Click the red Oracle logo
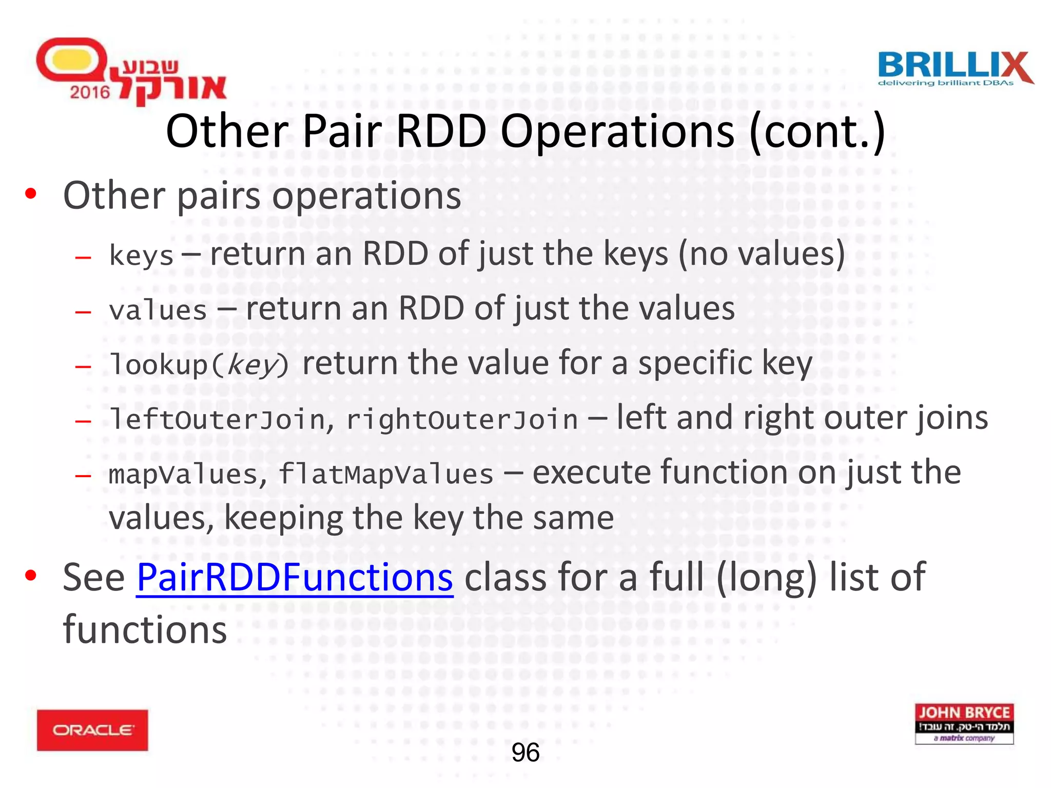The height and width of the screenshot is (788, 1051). (x=92, y=730)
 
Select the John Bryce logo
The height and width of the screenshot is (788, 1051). (x=964, y=723)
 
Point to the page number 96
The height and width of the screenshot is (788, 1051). (x=525, y=753)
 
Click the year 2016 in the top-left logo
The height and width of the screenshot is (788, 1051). (x=90, y=92)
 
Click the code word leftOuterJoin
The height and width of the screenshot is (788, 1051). (x=218, y=419)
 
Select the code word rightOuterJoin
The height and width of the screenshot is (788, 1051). (x=462, y=419)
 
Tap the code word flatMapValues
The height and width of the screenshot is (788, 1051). (x=385, y=474)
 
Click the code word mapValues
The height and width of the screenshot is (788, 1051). (x=183, y=474)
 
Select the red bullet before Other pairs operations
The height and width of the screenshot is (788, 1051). (x=31, y=193)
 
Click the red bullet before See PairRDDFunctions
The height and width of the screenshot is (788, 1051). (x=31, y=575)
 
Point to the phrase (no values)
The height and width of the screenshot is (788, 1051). (x=762, y=254)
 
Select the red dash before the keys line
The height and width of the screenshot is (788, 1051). (x=83, y=257)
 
